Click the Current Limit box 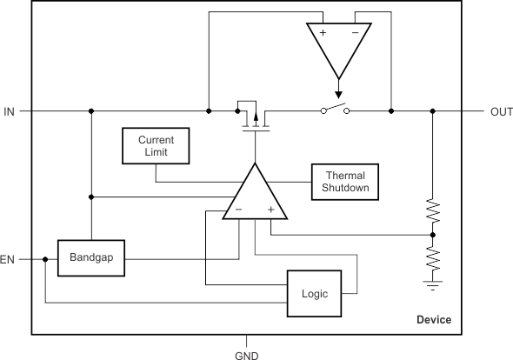click(x=156, y=145)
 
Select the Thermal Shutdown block click(x=345, y=182)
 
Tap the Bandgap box click(x=91, y=258)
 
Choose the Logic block click(x=315, y=294)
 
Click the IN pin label click(x=10, y=112)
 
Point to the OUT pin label click(x=502, y=112)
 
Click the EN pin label click(x=7, y=260)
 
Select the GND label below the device click(x=247, y=356)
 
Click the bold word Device click(x=434, y=320)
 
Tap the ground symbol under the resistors click(x=432, y=285)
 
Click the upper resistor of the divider click(x=432, y=210)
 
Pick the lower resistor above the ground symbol click(x=432, y=258)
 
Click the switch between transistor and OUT click(x=335, y=109)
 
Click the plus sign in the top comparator click(x=323, y=32)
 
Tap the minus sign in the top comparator click(x=356, y=32)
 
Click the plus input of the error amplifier click(x=270, y=210)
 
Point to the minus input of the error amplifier click(x=238, y=210)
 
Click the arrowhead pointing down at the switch click(x=338, y=95)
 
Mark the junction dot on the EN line click(x=45, y=259)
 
